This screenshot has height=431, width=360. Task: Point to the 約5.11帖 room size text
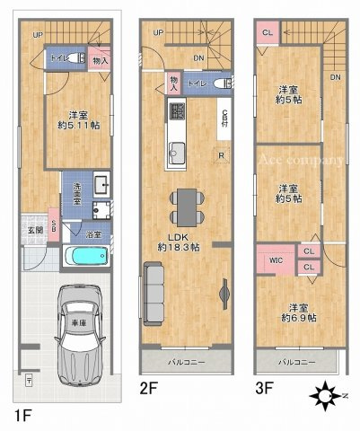click(x=78, y=126)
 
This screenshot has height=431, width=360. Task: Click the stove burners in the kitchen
click(x=177, y=112)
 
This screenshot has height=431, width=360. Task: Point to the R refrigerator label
click(x=222, y=154)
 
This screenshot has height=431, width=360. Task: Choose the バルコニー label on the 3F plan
click(x=294, y=362)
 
